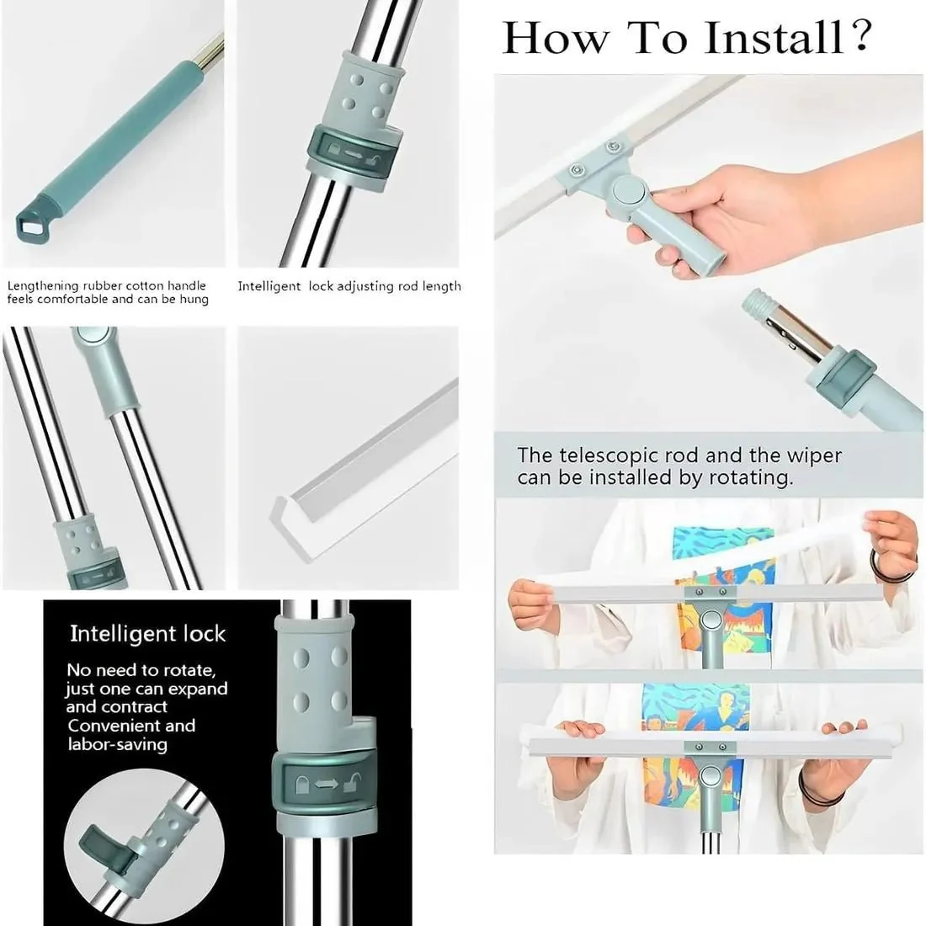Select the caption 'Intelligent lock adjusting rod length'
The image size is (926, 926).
(349, 286)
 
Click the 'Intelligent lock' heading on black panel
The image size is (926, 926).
(147, 634)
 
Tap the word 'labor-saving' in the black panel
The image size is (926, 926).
(117, 744)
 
